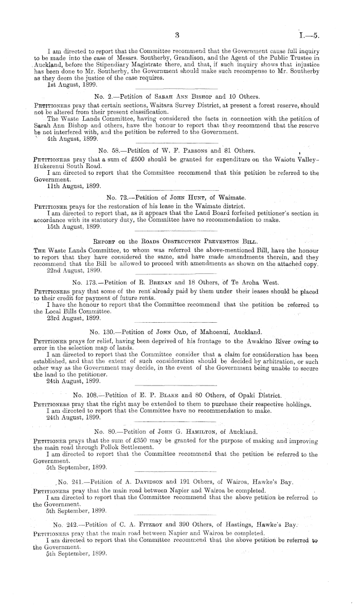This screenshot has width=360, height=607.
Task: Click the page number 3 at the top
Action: (x=176, y=36)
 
